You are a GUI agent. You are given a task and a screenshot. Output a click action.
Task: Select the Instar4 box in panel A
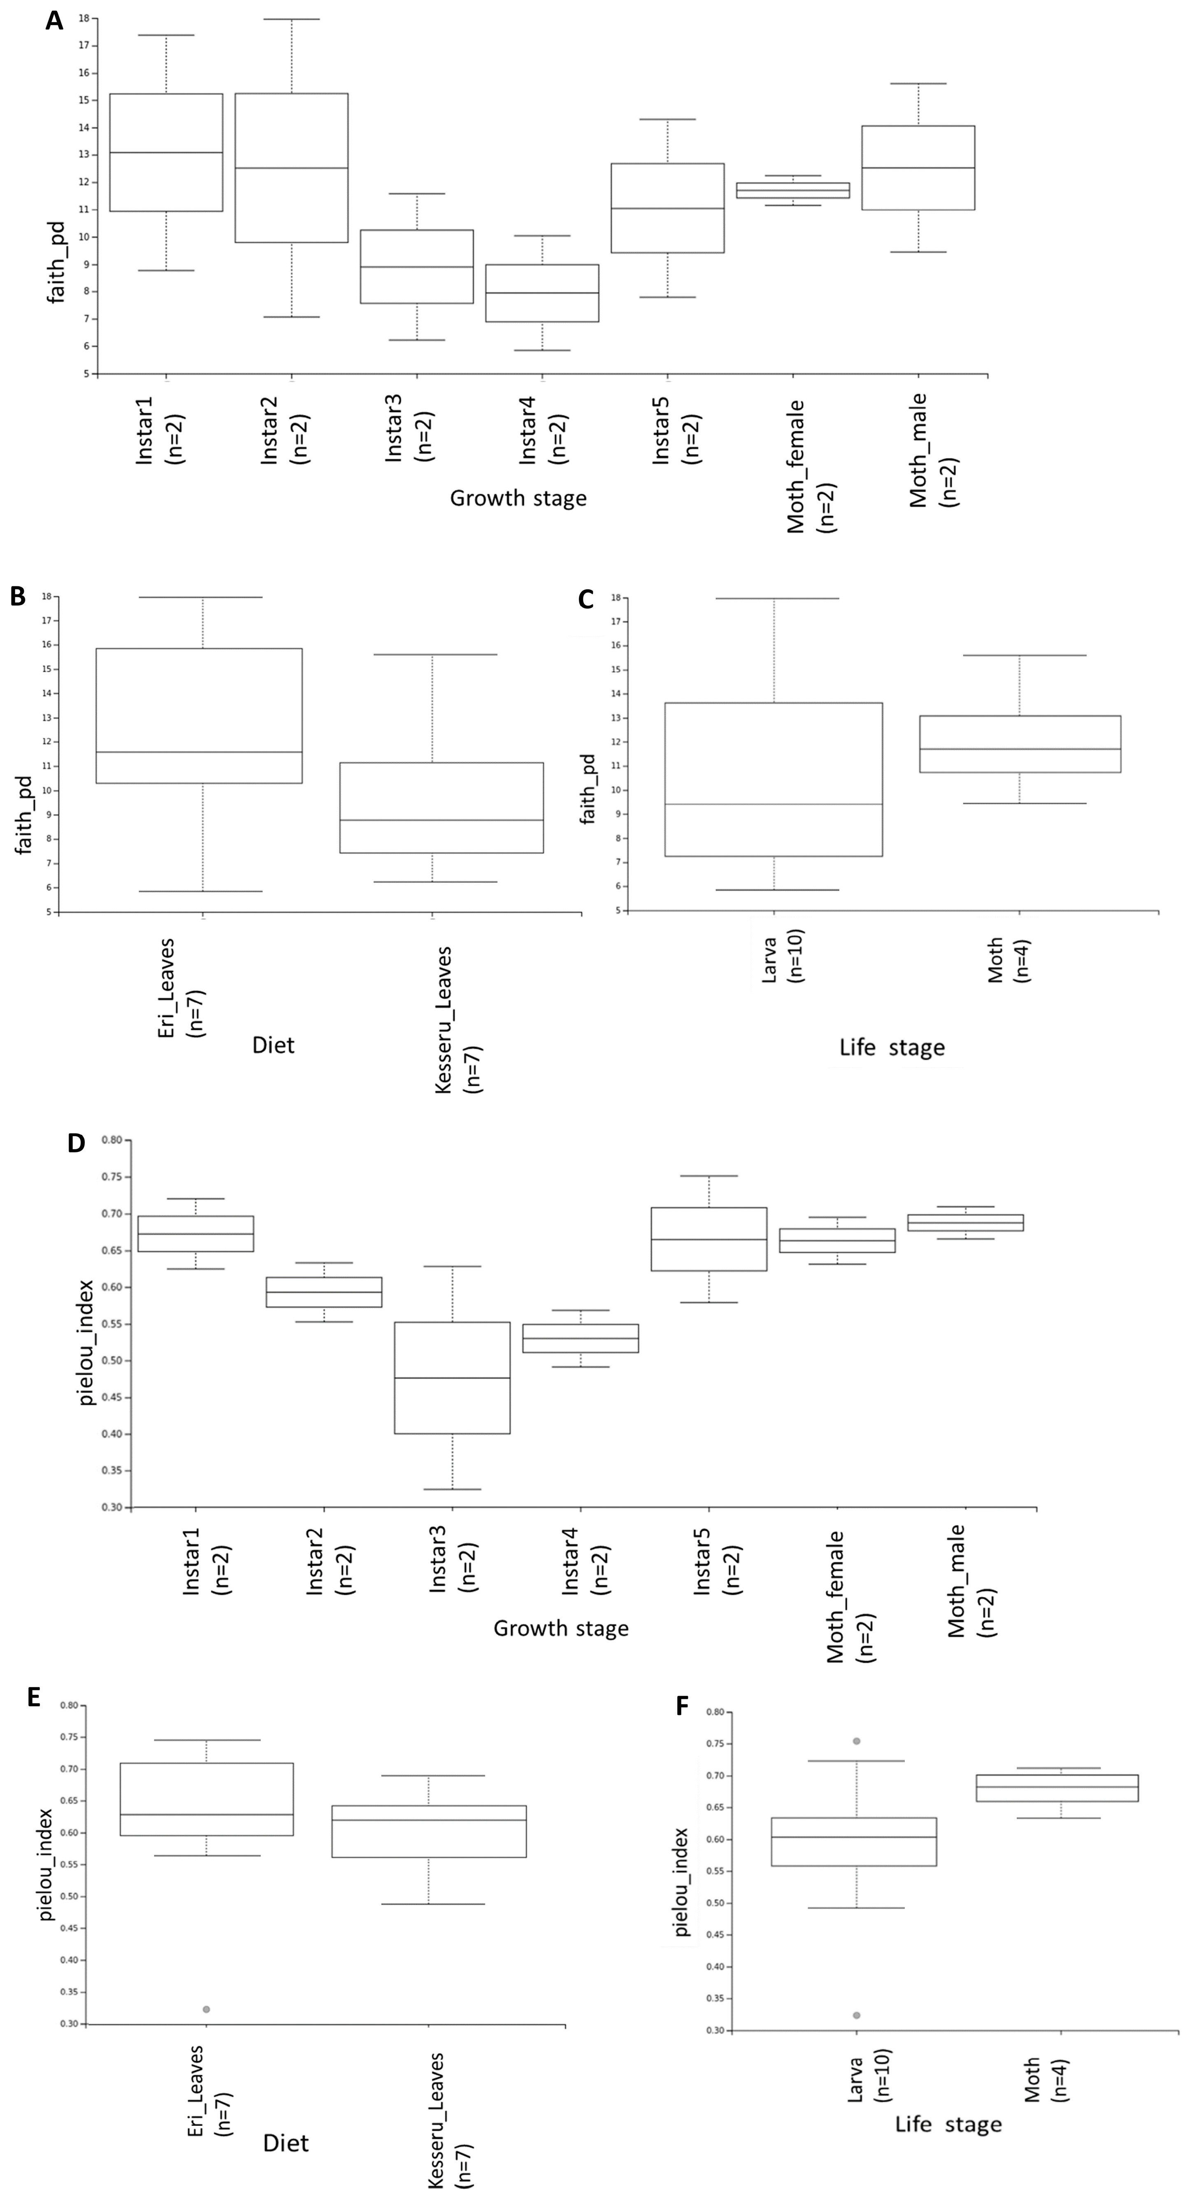[x=542, y=293]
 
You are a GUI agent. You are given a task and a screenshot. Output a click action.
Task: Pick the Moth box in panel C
[x=1020, y=744]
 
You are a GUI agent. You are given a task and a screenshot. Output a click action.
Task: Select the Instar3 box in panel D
[x=452, y=1378]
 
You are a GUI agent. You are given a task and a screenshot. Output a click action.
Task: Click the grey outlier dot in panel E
[x=206, y=2009]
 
